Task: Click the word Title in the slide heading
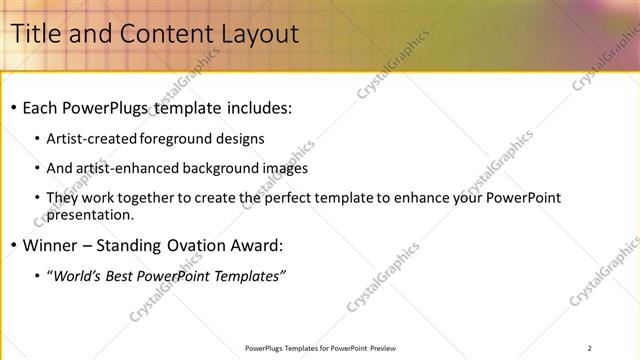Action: click(x=36, y=33)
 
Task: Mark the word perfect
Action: click(x=300, y=198)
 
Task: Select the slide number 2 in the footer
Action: click(x=590, y=348)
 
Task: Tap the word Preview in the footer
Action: click(x=382, y=348)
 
